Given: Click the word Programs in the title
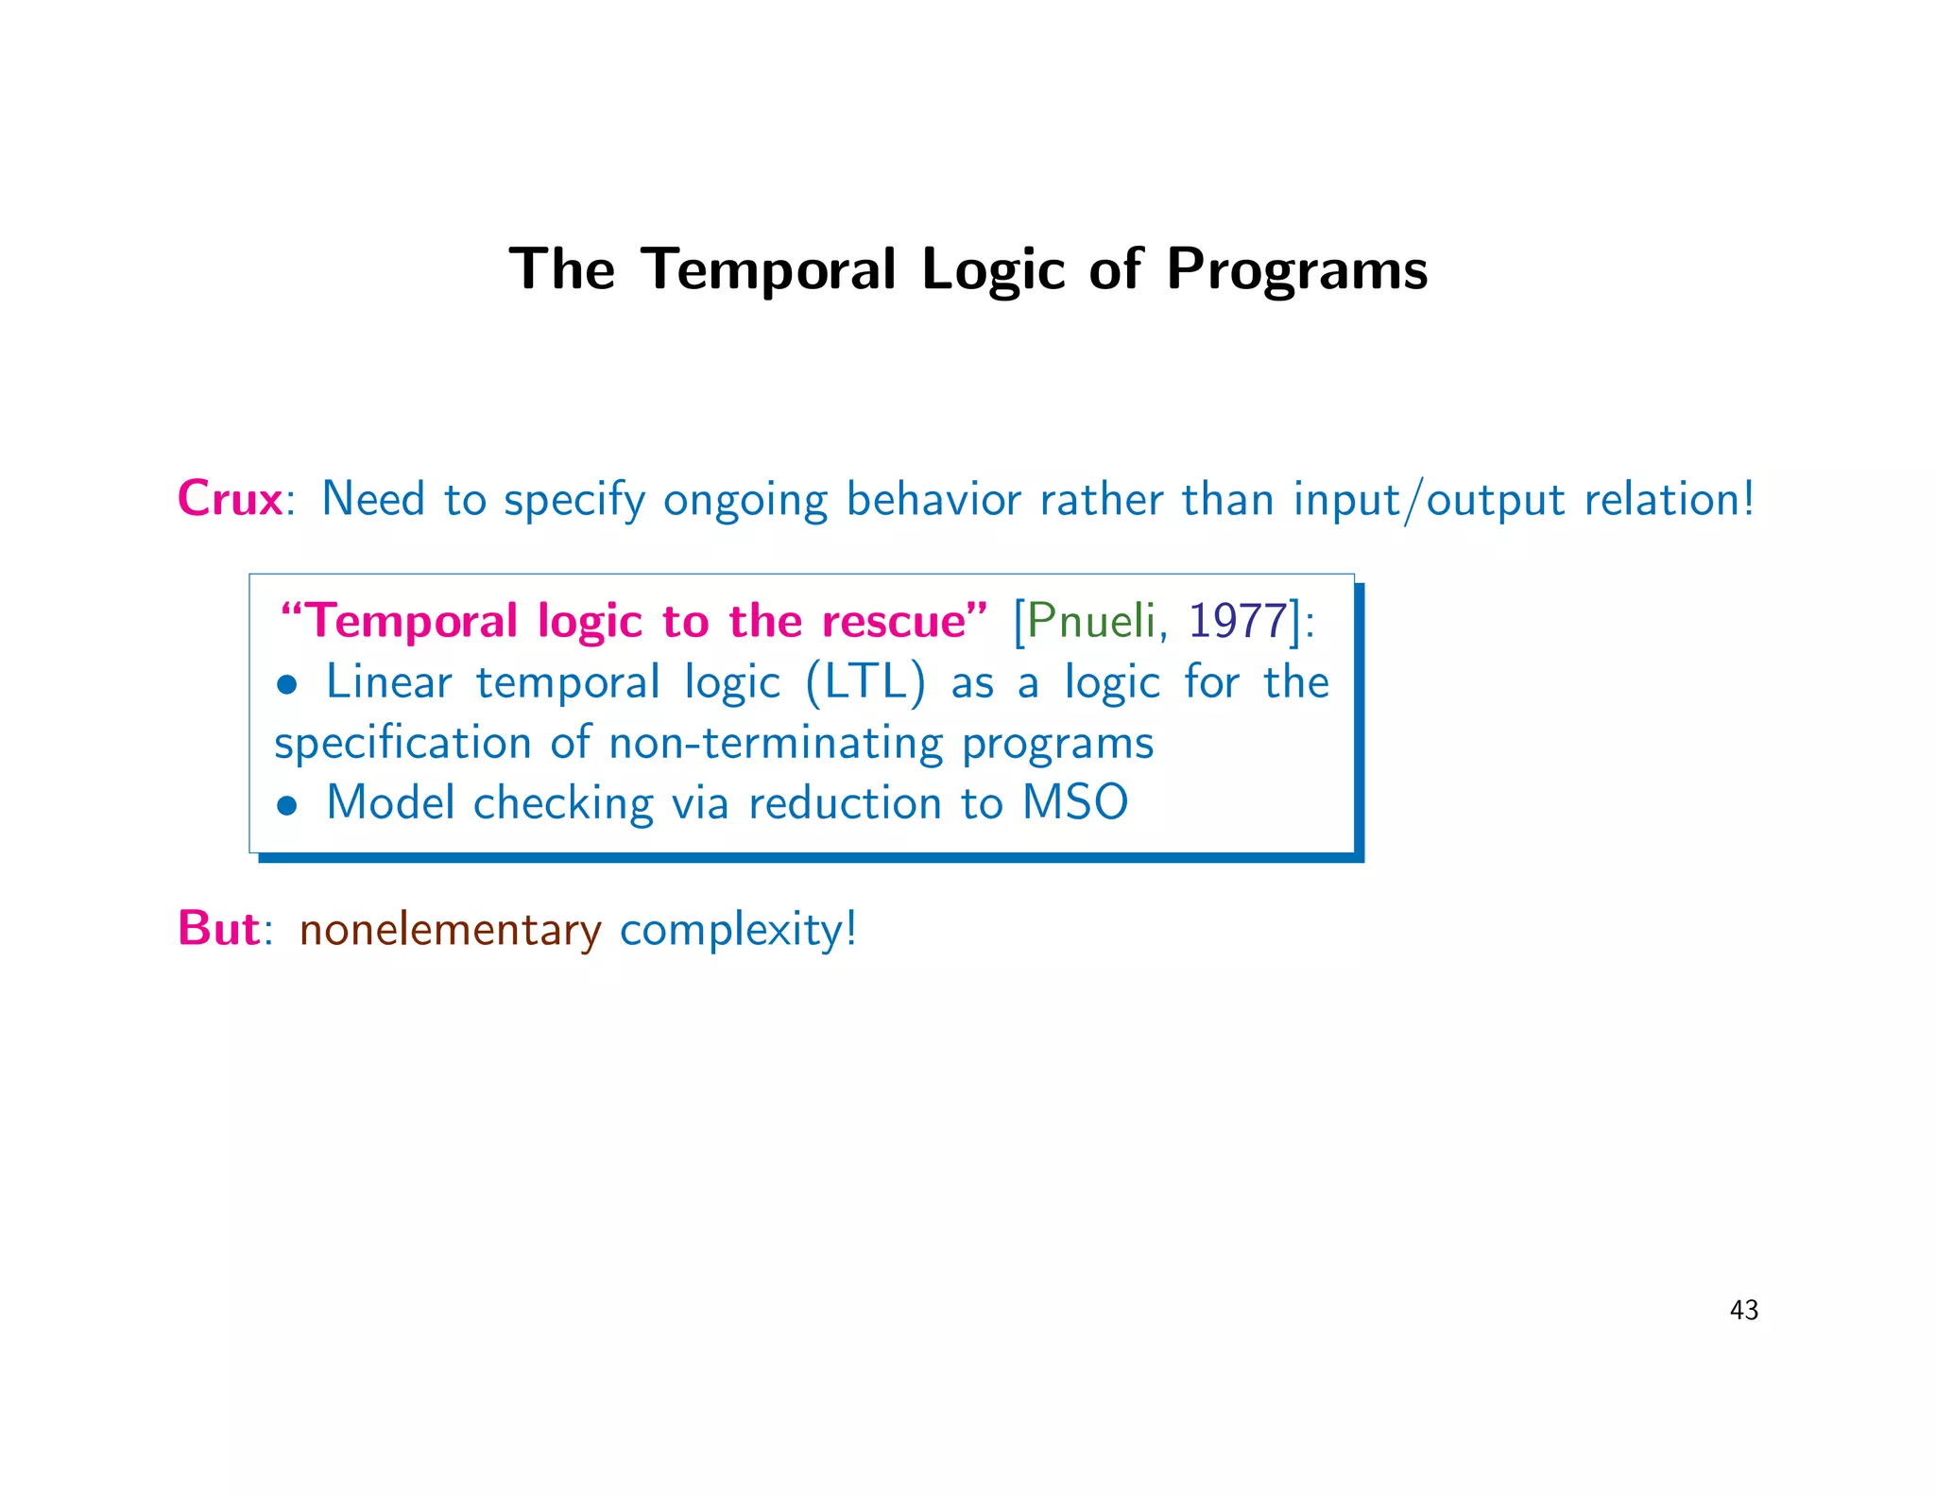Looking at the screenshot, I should coord(1296,270).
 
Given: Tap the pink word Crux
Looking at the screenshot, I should coord(230,499).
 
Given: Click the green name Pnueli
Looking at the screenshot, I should coord(1091,621).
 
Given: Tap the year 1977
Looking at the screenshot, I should coord(1237,621).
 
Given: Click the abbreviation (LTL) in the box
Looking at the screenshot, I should coord(865,682).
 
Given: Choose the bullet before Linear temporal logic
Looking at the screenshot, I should coord(287,685).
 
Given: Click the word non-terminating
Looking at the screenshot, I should coord(775,743).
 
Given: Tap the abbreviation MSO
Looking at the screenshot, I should coord(1075,803).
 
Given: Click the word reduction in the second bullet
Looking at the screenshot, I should coord(845,803).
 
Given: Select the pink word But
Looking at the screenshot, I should coord(218,928).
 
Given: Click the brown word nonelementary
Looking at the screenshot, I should coord(450,930).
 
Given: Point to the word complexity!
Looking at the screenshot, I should coord(738,930).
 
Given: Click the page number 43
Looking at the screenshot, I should coord(1743,1310).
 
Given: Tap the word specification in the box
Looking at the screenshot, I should coord(402,743).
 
